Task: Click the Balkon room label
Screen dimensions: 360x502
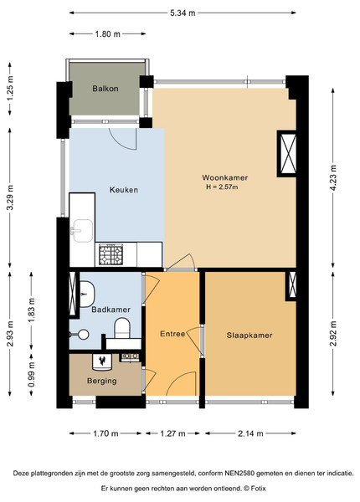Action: tap(105, 89)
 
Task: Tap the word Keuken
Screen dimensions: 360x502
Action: tap(124, 190)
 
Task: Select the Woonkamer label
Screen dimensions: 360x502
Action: tap(225, 177)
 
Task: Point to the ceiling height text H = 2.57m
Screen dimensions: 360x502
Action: tap(222, 187)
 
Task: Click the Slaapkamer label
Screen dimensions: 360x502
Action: tap(249, 336)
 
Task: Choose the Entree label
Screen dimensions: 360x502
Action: tap(172, 334)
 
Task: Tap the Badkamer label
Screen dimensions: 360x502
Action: tap(111, 310)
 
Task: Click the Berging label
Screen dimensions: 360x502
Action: tap(102, 381)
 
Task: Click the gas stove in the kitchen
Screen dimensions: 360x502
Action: tap(111, 254)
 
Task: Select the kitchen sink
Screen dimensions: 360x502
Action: tap(82, 231)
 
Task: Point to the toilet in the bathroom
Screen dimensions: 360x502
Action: tap(122, 328)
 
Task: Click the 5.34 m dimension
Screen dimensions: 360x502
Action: tap(183, 13)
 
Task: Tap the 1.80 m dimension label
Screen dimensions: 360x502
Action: tap(108, 33)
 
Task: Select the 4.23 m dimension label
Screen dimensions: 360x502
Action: tap(333, 178)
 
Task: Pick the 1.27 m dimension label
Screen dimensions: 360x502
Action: tap(172, 433)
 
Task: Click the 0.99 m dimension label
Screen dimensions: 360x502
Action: tap(31, 374)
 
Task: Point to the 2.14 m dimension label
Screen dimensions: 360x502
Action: tap(250, 433)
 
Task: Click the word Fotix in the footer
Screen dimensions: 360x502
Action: tap(259, 489)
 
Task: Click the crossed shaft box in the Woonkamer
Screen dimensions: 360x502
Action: tap(287, 154)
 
